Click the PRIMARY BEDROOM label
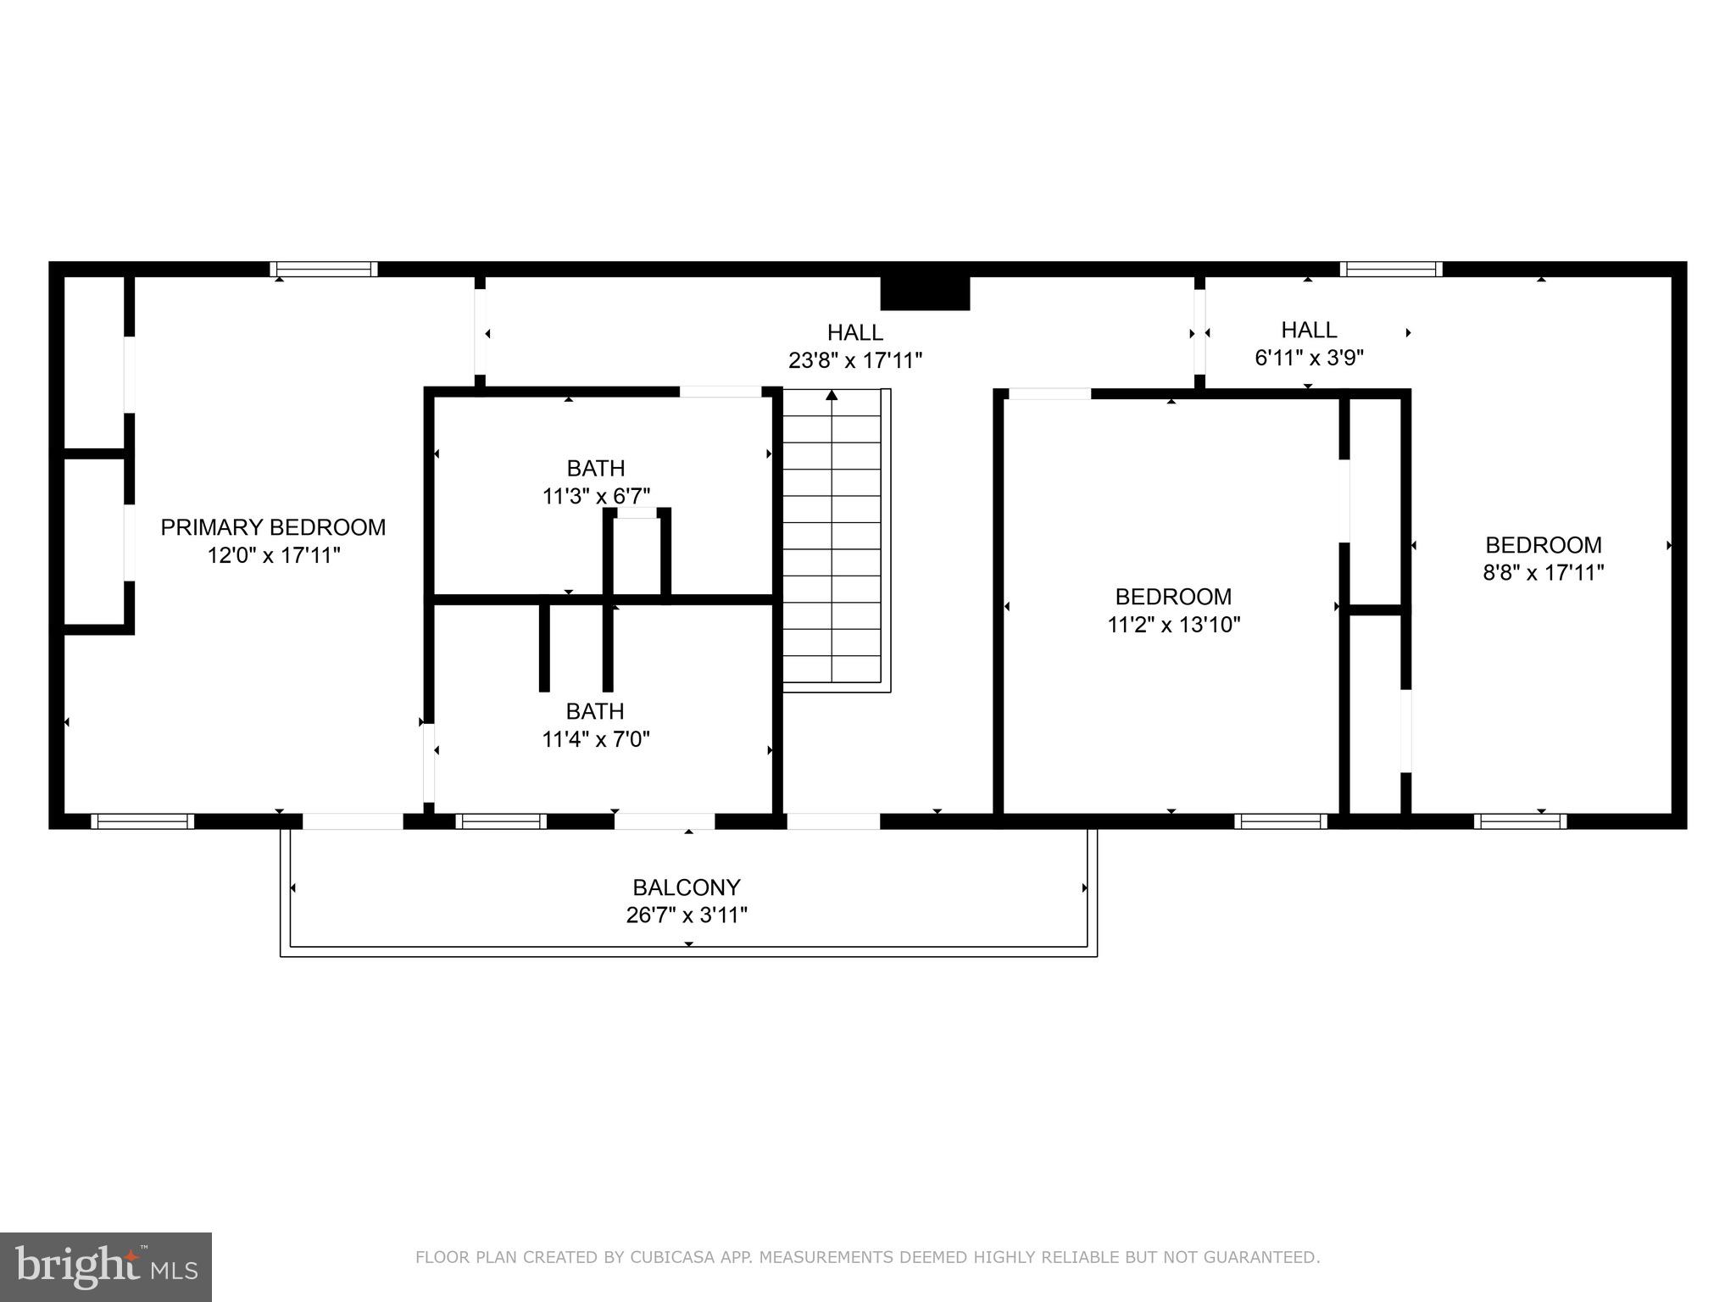coord(273,527)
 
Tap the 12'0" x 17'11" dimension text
coord(273,556)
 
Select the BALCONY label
coord(687,887)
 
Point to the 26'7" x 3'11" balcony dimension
coord(687,915)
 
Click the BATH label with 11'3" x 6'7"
coord(596,468)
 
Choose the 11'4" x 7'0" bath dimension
coord(596,739)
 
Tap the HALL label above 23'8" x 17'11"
coord(855,332)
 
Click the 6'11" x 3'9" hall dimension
coord(1309,358)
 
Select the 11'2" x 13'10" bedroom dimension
coord(1173,625)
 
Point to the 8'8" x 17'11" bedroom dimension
coord(1543,573)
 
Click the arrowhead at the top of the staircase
coord(832,395)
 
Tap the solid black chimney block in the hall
coord(925,293)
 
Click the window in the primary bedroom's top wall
coord(324,270)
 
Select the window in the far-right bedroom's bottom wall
coord(1520,821)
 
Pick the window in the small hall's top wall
coord(1391,270)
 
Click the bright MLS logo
coord(106,1266)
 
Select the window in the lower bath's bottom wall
coord(501,821)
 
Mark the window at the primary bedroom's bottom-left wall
coord(142,821)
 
